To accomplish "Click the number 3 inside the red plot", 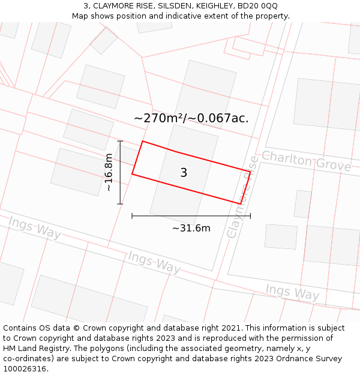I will point(184,173).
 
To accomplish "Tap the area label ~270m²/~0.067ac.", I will point(191,118).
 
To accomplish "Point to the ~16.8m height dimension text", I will point(109,172).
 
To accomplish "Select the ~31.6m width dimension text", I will point(191,228).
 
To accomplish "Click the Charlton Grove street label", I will point(306,161).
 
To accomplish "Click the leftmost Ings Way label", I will point(35,228).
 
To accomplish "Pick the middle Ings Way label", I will point(154,263).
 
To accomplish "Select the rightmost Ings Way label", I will point(292,292).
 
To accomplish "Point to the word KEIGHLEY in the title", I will point(205,6).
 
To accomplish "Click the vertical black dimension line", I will point(120,172).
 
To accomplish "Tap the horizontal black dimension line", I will point(191,215).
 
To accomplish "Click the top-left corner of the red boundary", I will point(142,142).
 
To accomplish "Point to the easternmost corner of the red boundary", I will point(250,172).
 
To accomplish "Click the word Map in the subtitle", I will point(81,16).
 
